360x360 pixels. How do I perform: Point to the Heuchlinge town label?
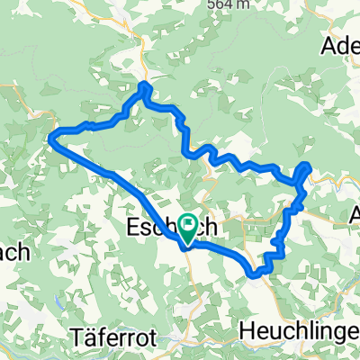[x=299, y=331]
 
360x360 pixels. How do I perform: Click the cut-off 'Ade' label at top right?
[x=341, y=44]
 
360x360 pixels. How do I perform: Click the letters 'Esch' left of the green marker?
[x=153, y=222]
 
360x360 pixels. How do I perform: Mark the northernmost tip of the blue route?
[x=143, y=85]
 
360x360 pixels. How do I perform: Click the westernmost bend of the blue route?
[x=49, y=136]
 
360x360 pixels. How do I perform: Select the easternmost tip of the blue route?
[x=309, y=165]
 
